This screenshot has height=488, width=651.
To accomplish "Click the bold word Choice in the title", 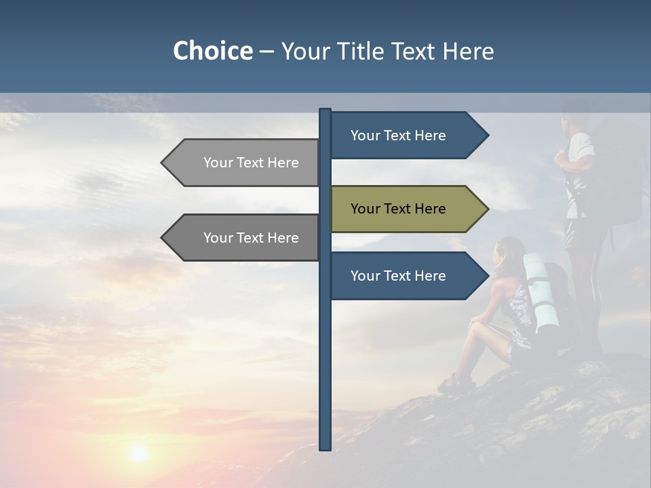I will tap(212, 51).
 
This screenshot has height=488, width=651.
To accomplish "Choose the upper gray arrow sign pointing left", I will tap(244, 163).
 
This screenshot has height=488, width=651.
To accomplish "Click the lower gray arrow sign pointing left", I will tap(244, 238).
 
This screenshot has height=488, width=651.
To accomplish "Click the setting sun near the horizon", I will tap(139, 452).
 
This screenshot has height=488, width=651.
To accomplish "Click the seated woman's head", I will tap(511, 252).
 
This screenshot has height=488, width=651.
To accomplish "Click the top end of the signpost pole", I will tap(325, 111).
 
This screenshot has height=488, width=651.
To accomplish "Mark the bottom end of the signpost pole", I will tap(325, 447).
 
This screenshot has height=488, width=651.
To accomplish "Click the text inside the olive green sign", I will tap(398, 209).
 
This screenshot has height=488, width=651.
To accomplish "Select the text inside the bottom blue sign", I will tap(398, 276).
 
